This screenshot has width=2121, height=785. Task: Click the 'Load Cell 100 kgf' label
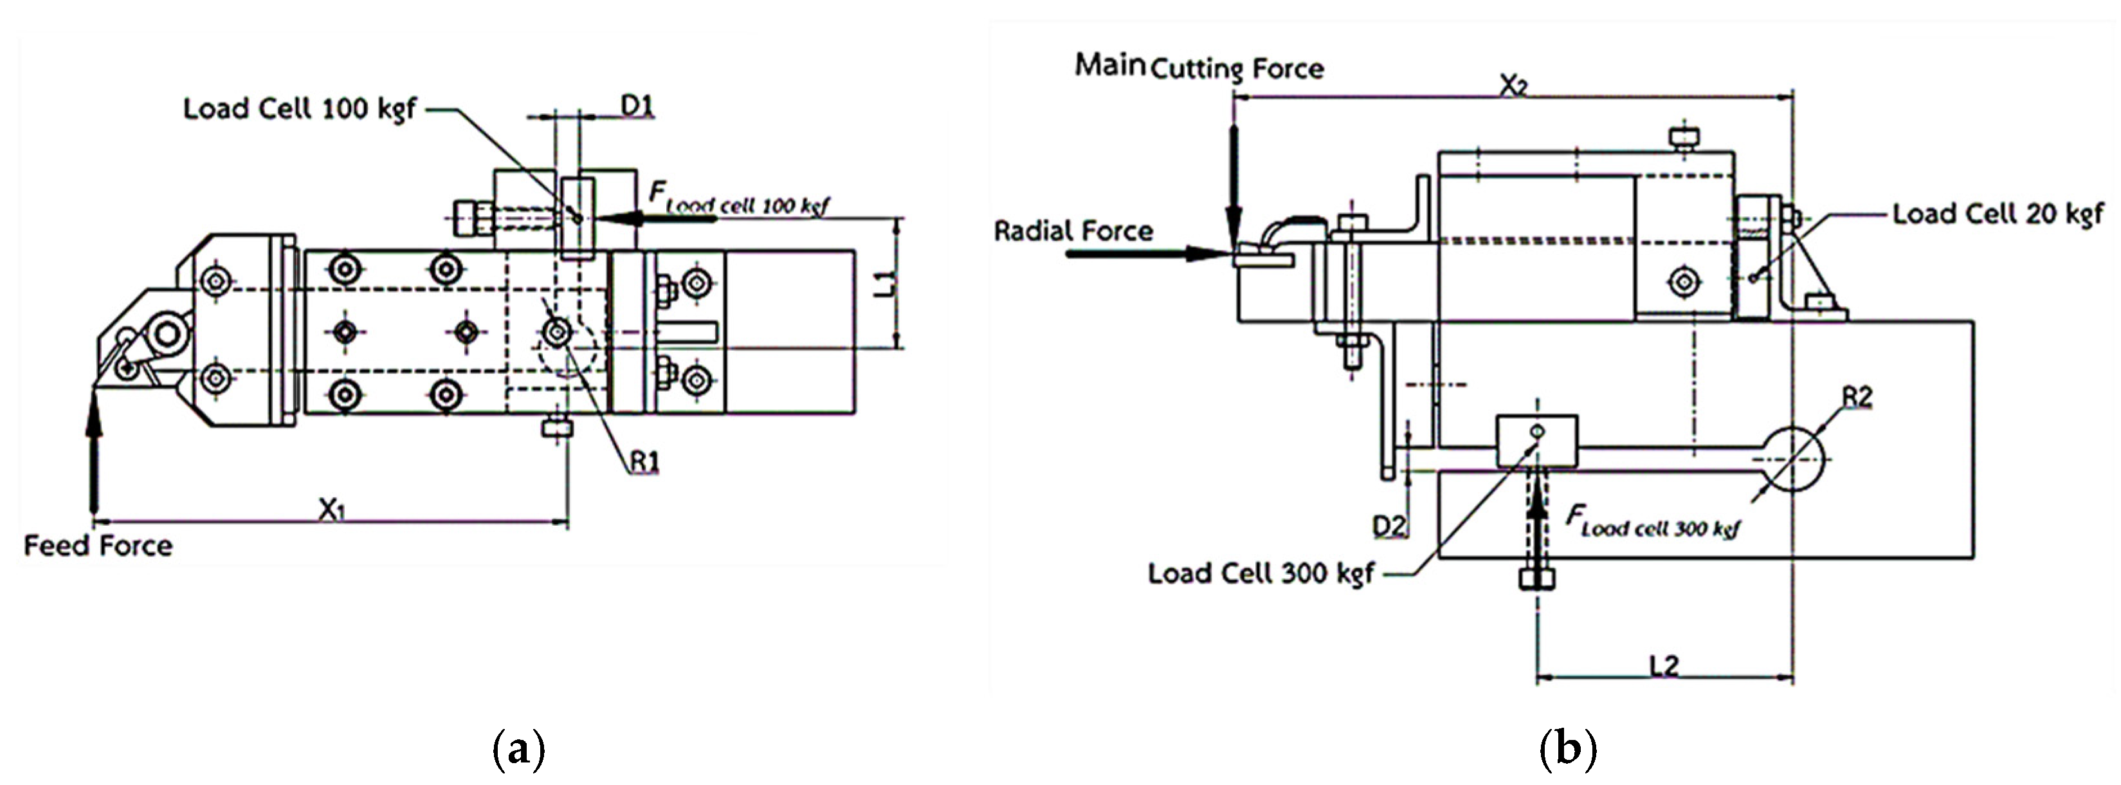coord(300,109)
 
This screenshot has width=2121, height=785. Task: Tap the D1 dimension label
coord(637,106)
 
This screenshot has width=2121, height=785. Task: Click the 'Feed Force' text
coord(98,545)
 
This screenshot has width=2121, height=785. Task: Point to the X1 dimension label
coord(332,510)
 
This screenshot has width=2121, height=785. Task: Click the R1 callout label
coord(644,462)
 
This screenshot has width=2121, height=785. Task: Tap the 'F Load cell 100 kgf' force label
coord(738,199)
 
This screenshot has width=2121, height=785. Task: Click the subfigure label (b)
coord(1568,750)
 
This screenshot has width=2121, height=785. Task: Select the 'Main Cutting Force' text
coord(1199,66)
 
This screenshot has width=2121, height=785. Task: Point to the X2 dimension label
coord(1513,85)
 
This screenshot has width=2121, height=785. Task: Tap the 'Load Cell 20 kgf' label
coord(1998,214)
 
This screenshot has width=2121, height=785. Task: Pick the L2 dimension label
coord(1664,665)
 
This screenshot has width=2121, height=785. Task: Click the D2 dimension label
coord(1389,524)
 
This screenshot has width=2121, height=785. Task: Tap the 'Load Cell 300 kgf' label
coord(1261,573)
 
